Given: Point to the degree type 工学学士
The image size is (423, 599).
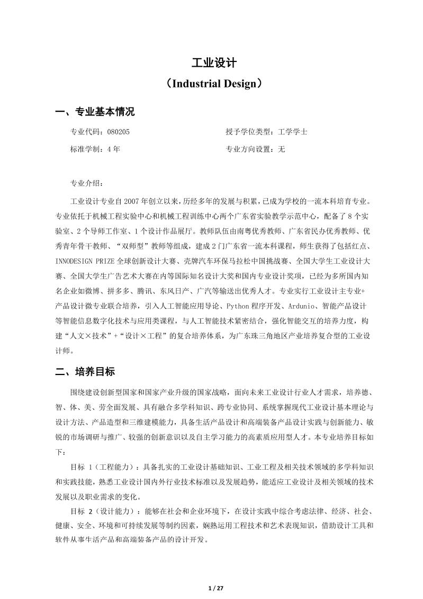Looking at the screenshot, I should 292,132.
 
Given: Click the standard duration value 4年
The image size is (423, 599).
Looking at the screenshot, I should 113,149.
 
